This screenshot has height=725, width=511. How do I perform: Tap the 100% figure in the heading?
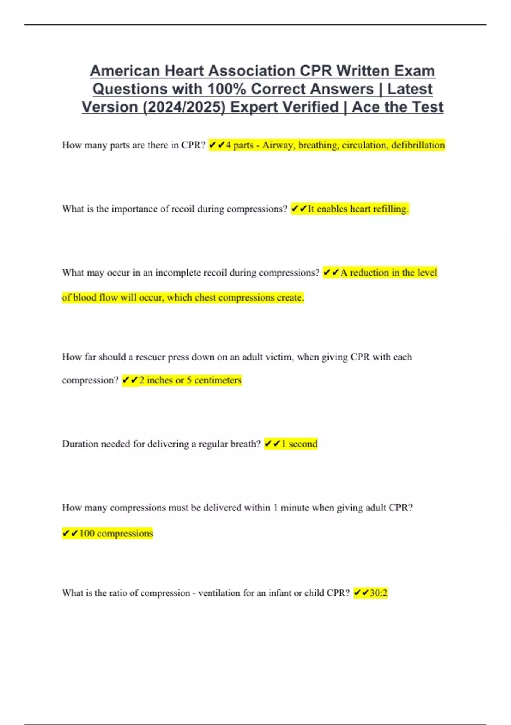click(x=227, y=89)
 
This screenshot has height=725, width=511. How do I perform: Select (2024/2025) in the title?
click(x=184, y=107)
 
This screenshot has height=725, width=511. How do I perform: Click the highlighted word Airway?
click(x=277, y=145)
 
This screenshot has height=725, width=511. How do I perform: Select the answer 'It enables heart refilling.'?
click(x=357, y=209)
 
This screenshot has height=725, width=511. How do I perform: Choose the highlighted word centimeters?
click(x=218, y=380)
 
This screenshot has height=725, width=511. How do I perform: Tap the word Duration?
click(x=80, y=444)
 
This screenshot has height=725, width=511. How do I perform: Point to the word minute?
click(x=295, y=507)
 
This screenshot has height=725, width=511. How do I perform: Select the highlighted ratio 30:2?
click(x=378, y=593)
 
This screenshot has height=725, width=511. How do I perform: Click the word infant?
click(x=280, y=593)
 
